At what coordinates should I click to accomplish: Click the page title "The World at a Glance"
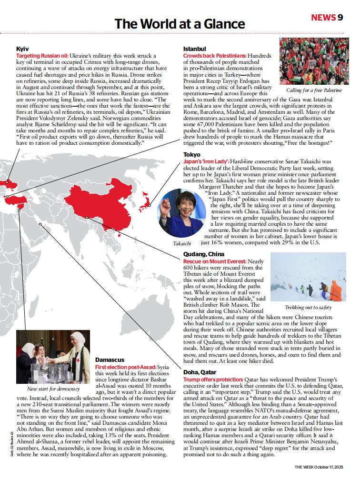(180, 24)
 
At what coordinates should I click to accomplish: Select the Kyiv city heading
(22, 49)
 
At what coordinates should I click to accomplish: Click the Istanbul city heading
(194, 49)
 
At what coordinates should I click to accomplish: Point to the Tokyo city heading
(192, 155)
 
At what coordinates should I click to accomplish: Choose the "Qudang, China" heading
(204, 254)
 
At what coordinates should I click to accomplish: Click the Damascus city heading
(110, 360)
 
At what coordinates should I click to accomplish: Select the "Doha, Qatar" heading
(200, 372)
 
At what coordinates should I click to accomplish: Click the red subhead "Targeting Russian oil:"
(43, 56)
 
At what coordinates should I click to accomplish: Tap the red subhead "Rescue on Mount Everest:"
(215, 261)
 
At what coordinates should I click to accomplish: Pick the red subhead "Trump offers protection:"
(213, 379)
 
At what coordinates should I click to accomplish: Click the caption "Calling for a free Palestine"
(314, 90)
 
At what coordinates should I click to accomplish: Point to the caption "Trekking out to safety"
(309, 307)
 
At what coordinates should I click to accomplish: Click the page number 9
(340, 18)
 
